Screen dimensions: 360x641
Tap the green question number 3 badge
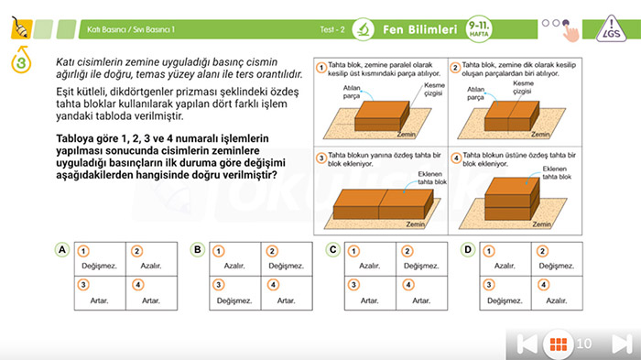(19, 64)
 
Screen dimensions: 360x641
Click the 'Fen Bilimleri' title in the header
(419, 29)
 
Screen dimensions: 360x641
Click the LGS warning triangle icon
(614, 29)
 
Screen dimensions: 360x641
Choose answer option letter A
(62, 249)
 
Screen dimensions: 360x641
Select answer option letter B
(197, 249)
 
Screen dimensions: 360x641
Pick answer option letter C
(332, 249)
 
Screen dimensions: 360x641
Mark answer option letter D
(468, 249)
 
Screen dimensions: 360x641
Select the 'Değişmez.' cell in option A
(99, 267)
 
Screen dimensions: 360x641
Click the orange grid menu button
(555, 344)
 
